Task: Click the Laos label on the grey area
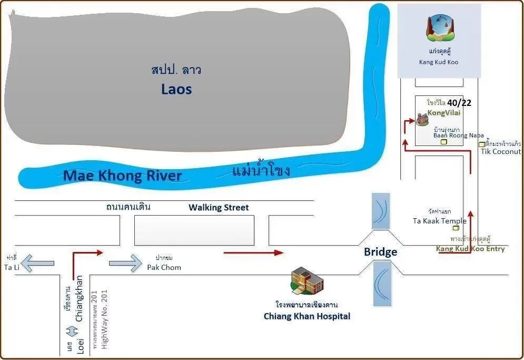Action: tap(176, 89)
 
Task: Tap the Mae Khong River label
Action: tap(122, 176)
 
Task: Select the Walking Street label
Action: tap(219, 208)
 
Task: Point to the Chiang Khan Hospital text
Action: tap(307, 316)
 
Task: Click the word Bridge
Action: tap(380, 252)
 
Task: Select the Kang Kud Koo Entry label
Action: tap(470, 249)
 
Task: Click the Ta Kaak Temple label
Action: tap(439, 221)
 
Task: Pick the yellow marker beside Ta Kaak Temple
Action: tap(456, 228)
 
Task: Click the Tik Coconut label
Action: tap(501, 151)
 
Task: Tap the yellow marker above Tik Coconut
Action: tap(481, 144)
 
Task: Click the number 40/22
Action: tap(459, 103)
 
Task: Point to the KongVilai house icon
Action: tap(422, 120)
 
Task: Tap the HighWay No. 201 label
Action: tap(104, 320)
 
